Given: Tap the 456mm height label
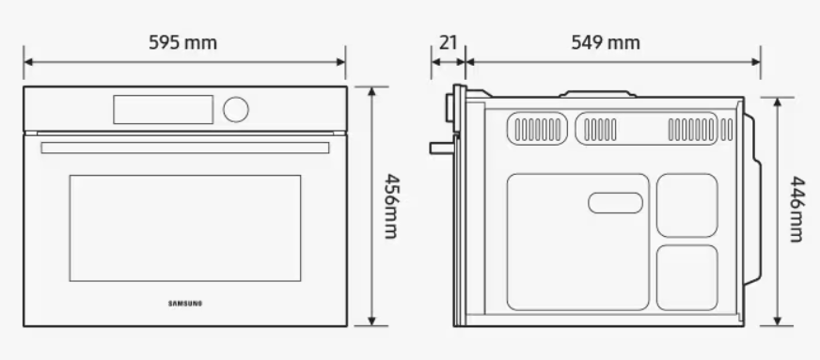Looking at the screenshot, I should click(x=388, y=205).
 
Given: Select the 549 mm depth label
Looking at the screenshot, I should click(x=606, y=43).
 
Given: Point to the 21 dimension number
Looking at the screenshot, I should click(x=448, y=43).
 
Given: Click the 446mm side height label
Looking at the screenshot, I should click(x=796, y=211).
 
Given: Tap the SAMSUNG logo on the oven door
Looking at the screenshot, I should click(x=185, y=303).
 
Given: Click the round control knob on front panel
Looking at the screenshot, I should click(x=236, y=109).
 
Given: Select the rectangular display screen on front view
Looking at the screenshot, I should click(x=165, y=109).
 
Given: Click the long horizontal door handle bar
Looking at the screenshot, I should click(x=185, y=148).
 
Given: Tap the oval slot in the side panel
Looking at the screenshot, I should click(x=613, y=201).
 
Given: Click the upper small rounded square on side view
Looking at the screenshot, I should click(x=686, y=205).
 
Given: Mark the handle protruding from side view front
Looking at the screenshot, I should click(x=440, y=147).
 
